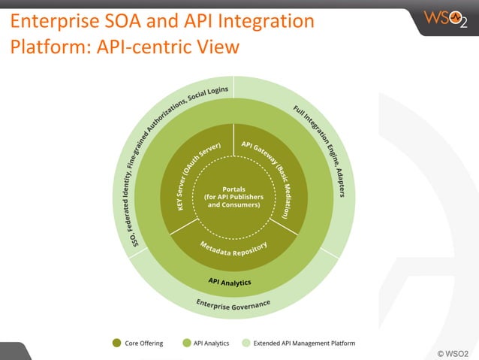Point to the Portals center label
[x=233, y=196]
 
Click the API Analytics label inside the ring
[x=230, y=282]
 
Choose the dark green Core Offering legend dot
[x=117, y=343]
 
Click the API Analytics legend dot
[x=186, y=343]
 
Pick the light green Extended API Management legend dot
[x=246, y=343]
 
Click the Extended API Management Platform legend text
[x=305, y=343]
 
